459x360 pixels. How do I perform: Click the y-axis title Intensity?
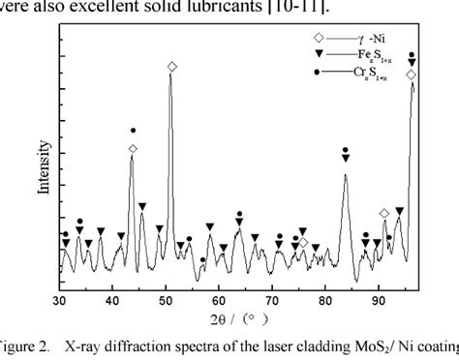pos(44,166)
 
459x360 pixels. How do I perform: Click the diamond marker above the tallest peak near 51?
pos(172,67)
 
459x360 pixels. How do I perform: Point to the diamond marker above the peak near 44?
pos(133,149)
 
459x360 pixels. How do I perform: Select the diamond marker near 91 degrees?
pos(384,213)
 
